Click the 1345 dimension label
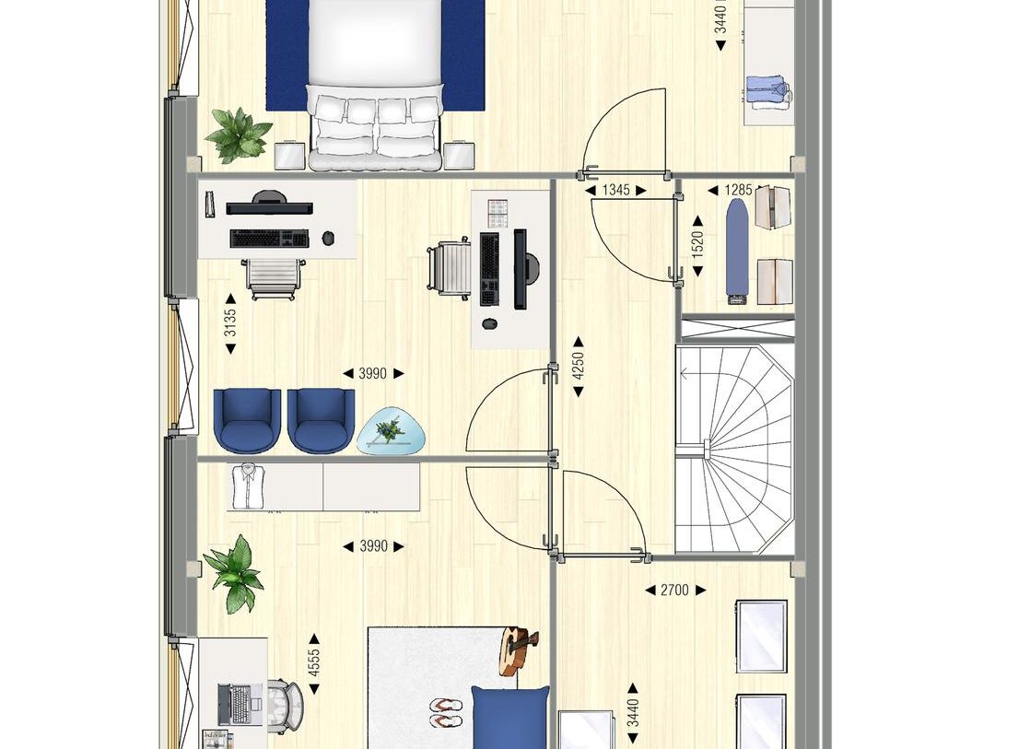tap(615, 191)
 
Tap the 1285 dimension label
tap(737, 191)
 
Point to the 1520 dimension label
tap(697, 243)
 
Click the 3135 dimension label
tap(230, 322)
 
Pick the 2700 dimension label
tap(674, 590)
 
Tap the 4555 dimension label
tap(314, 664)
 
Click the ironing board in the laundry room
tap(737, 250)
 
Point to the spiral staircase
tap(734, 449)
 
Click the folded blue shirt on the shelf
tap(767, 92)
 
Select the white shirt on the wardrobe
tap(247, 486)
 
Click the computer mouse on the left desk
tap(328, 239)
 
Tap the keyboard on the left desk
tap(269, 239)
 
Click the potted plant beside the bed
tap(238, 134)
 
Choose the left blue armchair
tap(247, 420)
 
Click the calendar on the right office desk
tap(498, 213)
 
